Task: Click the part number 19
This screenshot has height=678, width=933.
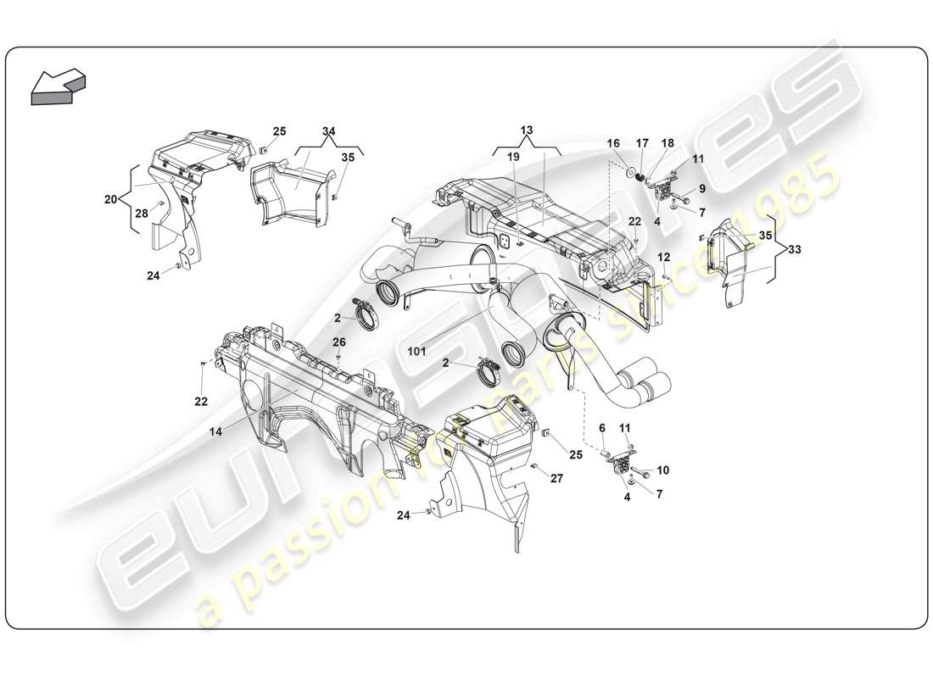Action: pos(513,157)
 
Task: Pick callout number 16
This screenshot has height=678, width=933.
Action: pos(613,145)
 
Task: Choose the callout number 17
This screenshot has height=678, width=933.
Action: pos(642,145)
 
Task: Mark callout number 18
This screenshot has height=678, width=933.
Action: pos(668,145)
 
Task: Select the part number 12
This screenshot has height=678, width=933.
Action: pos(663,256)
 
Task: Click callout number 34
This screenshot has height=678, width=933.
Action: pos(329,131)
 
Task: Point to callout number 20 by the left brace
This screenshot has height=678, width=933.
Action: pos(112,200)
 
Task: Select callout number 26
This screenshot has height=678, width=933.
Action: pos(339,342)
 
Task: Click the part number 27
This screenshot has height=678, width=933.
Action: pos(556,478)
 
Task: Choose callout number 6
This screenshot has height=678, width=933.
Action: pos(602,429)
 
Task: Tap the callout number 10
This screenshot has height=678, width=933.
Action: pos(663,470)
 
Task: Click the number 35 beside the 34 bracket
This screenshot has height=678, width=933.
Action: pos(348,157)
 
